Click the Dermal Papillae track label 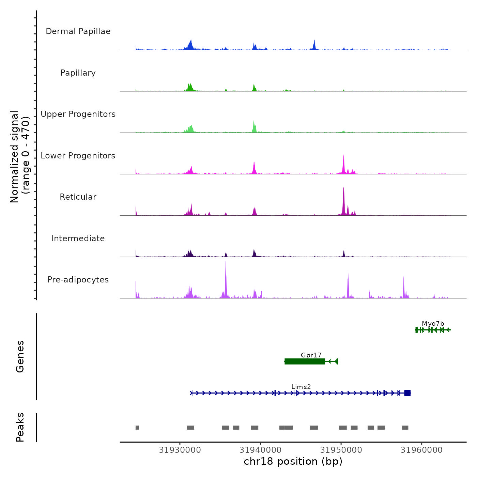[x=78, y=31]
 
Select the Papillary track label [x=78, y=73]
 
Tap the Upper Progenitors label [x=78, y=114]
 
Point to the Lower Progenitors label [x=78, y=156]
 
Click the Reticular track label [x=78, y=197]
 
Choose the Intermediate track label [x=78, y=238]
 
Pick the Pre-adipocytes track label [x=78, y=280]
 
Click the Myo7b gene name [x=433, y=324]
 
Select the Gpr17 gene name [x=311, y=355]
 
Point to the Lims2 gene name [x=301, y=387]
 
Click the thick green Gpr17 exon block [x=305, y=361]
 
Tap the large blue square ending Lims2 [x=407, y=393]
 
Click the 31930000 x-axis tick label [x=180, y=450]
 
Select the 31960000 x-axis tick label [x=421, y=450]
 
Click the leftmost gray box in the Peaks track [x=137, y=428]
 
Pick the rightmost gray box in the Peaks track [x=405, y=428]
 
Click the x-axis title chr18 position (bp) [x=293, y=461]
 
